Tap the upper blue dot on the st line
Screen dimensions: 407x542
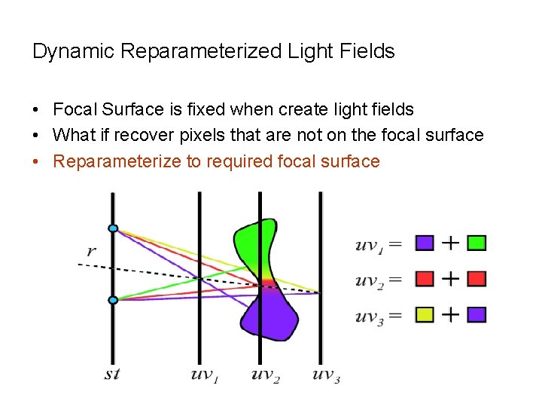pyautogui.click(x=113, y=228)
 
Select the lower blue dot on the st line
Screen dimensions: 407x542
pyautogui.click(x=113, y=300)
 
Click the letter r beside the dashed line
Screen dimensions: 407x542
pyautogui.click(x=92, y=250)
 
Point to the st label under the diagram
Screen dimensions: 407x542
pyautogui.click(x=111, y=374)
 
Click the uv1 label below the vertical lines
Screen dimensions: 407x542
pyautogui.click(x=205, y=374)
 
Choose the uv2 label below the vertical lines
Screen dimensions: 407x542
pyautogui.click(x=266, y=375)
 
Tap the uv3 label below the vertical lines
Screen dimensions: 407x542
pyautogui.click(x=326, y=375)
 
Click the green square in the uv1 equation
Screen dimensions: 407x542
pyautogui.click(x=477, y=243)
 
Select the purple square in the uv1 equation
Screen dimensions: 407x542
pyautogui.click(x=425, y=243)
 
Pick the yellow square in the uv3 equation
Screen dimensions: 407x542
pyautogui.click(x=425, y=315)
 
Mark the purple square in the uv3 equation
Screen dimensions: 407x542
pyautogui.click(x=477, y=315)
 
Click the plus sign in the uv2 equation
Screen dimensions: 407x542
pyautogui.click(x=450, y=279)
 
